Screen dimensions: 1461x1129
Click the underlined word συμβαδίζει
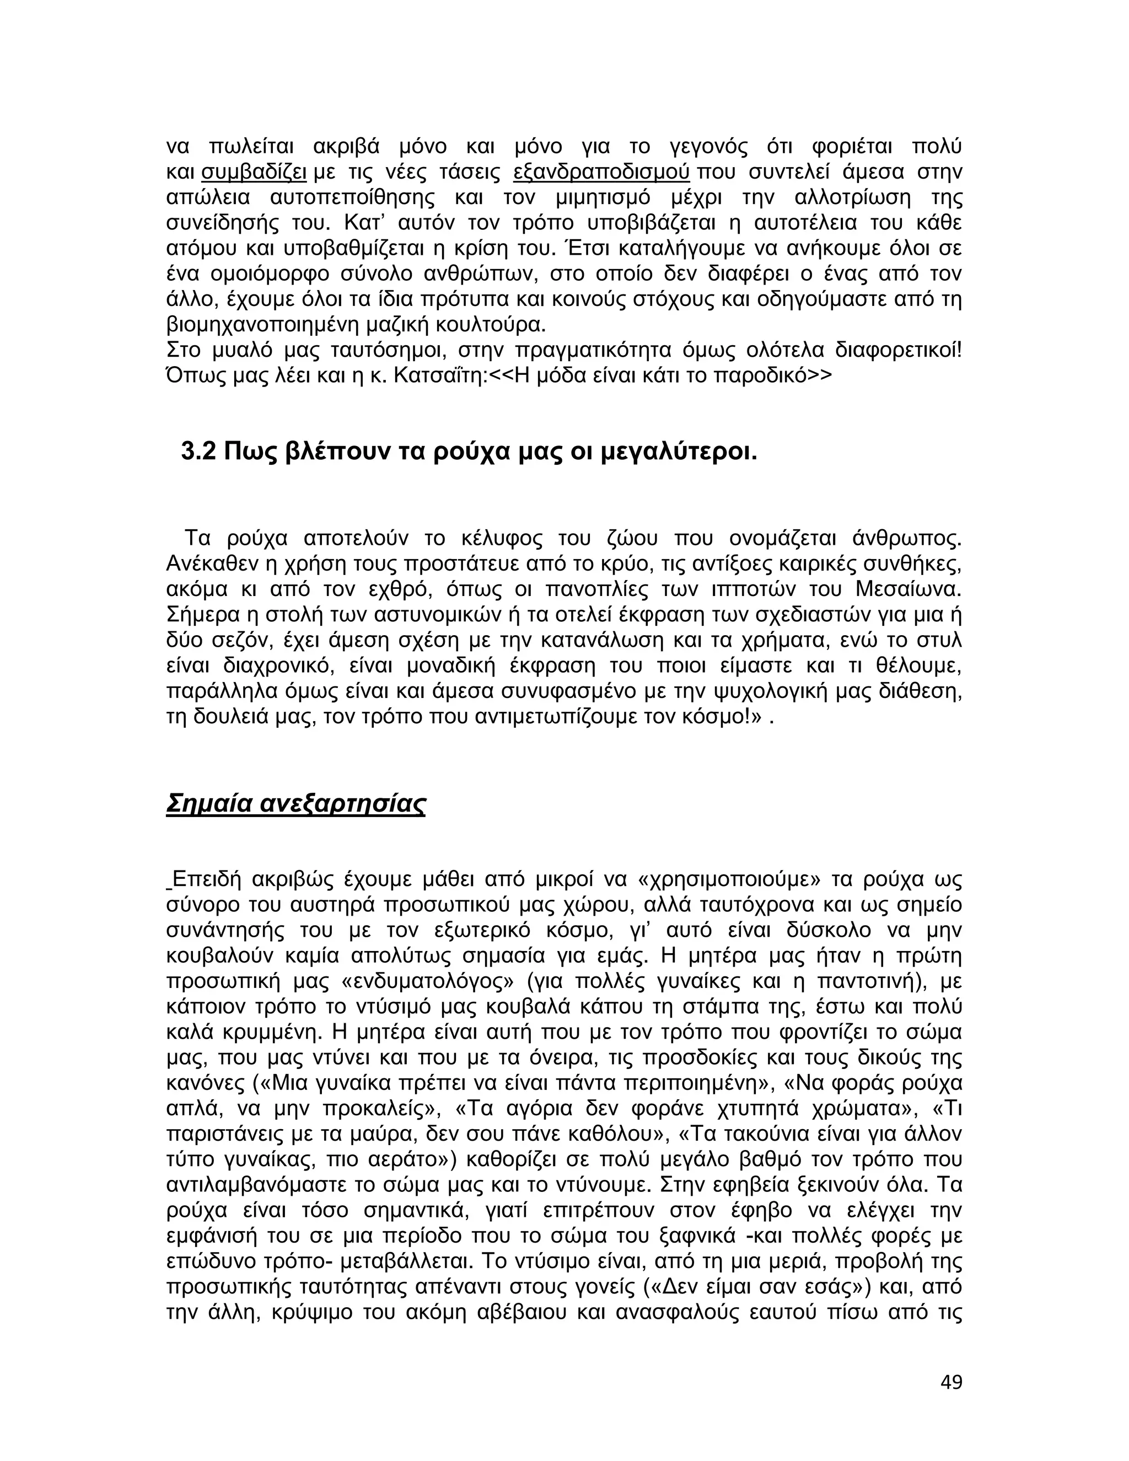pyautogui.click(x=254, y=172)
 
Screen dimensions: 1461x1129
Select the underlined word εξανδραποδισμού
pyautogui.click(x=601, y=172)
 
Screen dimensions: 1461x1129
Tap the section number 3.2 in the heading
pyautogui.click(x=198, y=453)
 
